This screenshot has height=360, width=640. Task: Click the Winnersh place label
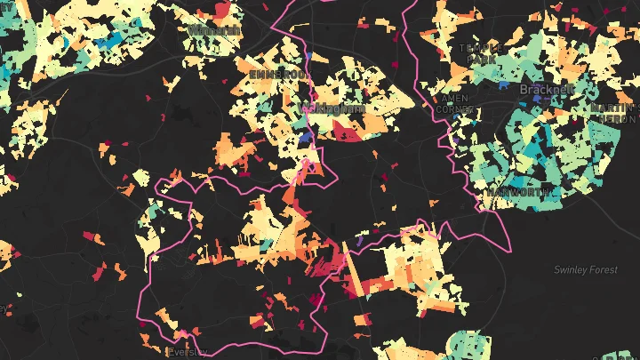[214, 30]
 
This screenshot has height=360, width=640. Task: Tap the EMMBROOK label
[278, 75]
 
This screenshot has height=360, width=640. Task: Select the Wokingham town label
[334, 108]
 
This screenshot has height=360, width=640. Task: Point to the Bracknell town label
[548, 90]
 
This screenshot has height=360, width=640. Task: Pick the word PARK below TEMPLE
[481, 59]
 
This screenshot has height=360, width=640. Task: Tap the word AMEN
[453, 99]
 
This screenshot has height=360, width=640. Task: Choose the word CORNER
[454, 109]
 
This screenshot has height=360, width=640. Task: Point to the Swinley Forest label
[585, 269]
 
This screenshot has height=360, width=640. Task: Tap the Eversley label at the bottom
[188, 352]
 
